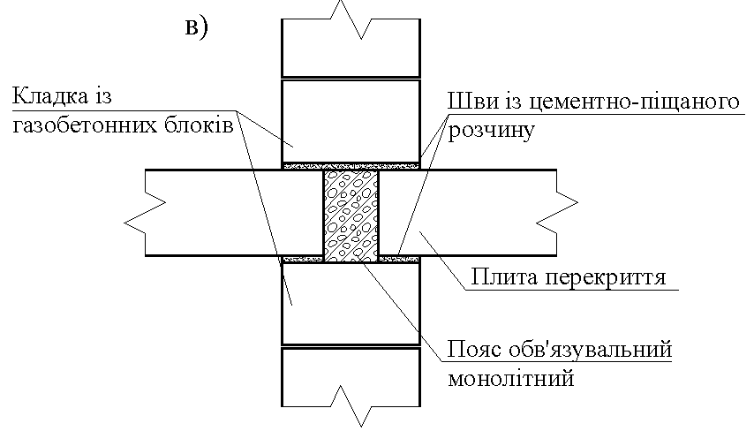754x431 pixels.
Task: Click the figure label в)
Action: click(196, 26)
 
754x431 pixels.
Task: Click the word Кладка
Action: click(50, 96)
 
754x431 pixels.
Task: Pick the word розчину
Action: click(491, 131)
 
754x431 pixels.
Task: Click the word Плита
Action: click(505, 277)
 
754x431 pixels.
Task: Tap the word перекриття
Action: click(607, 278)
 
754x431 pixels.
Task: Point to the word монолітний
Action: click(511, 379)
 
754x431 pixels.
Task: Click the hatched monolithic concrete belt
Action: click(351, 215)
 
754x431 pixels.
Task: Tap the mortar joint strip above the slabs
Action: click(351, 166)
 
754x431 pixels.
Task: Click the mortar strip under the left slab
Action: click(303, 259)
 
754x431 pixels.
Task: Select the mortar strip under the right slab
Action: click(399, 259)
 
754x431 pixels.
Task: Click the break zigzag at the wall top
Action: click(351, 19)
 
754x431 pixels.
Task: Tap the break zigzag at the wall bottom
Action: click(351, 405)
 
